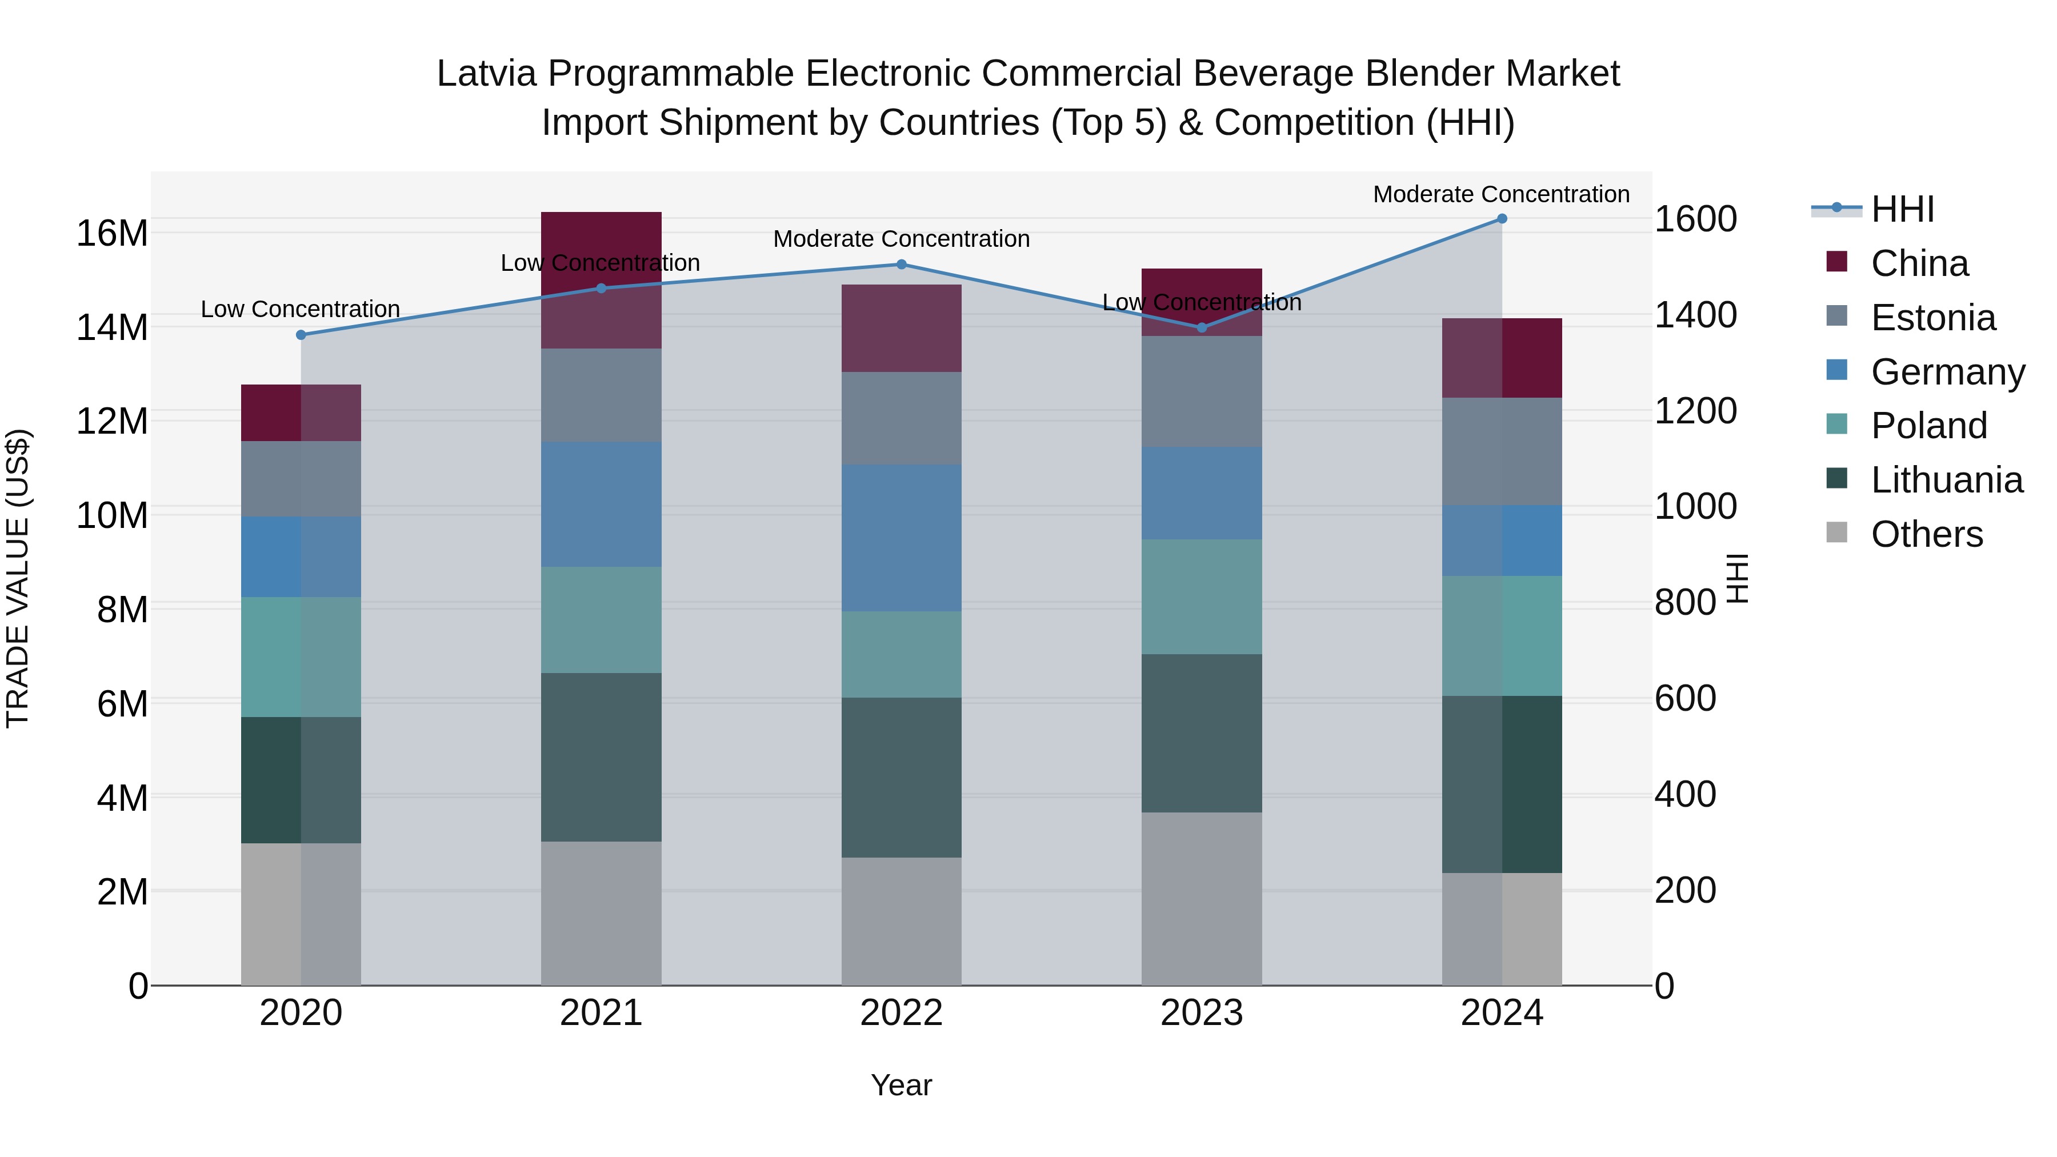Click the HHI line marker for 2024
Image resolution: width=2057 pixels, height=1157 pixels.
point(1501,218)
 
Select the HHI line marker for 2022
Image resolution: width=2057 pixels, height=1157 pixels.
point(901,265)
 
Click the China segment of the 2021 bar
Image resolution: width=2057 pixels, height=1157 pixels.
point(601,279)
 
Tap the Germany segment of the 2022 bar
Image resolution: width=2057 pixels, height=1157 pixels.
point(901,538)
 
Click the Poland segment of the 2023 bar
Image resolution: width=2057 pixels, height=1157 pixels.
point(1201,596)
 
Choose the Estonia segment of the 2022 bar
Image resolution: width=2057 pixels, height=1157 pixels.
point(901,418)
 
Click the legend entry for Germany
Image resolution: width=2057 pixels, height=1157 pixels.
point(1947,372)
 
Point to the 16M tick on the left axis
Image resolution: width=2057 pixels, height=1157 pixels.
point(112,233)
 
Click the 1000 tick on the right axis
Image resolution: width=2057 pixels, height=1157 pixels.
point(1695,506)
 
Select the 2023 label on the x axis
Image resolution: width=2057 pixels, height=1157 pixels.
point(1201,1013)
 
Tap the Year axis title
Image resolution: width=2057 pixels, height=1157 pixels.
point(901,1085)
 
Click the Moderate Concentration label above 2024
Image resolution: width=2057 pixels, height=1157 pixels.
point(1500,194)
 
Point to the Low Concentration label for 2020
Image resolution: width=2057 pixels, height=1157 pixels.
point(299,309)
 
